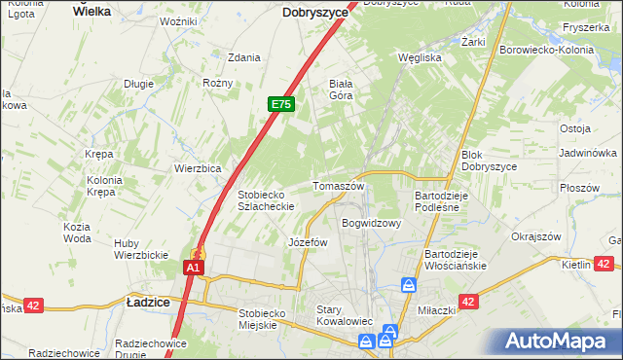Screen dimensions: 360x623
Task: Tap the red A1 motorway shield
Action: [x=194, y=268]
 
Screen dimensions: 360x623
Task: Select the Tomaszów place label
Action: [x=338, y=186]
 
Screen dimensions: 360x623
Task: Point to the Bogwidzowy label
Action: [x=371, y=223]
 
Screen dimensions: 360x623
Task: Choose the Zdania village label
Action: [x=243, y=57]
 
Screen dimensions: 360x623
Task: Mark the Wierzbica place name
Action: [x=199, y=167]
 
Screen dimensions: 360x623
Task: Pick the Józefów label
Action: [x=309, y=242]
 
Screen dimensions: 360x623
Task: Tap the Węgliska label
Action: [x=421, y=57]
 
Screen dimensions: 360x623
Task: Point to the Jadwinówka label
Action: [x=588, y=154]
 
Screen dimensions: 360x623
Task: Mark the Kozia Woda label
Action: [x=77, y=233]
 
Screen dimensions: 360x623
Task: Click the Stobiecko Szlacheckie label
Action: [x=267, y=199]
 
